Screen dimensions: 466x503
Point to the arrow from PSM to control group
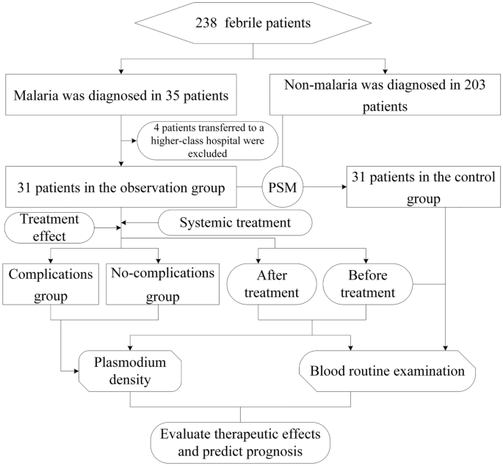pos(324,187)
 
